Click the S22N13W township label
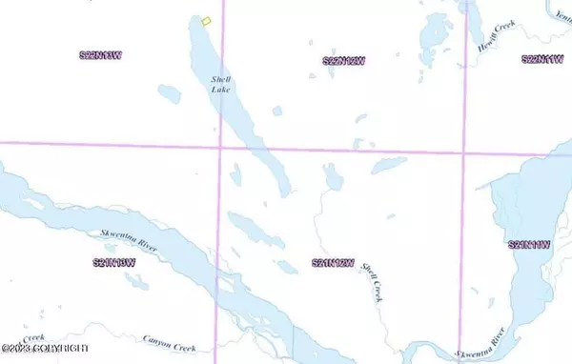(101, 56)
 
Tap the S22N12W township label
(345, 61)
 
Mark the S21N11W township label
(530, 245)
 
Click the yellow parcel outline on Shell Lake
(206, 21)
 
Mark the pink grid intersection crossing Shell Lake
(221, 145)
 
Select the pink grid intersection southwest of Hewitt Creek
(464, 151)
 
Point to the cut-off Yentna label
(562, 11)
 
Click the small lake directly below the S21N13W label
(138, 280)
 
